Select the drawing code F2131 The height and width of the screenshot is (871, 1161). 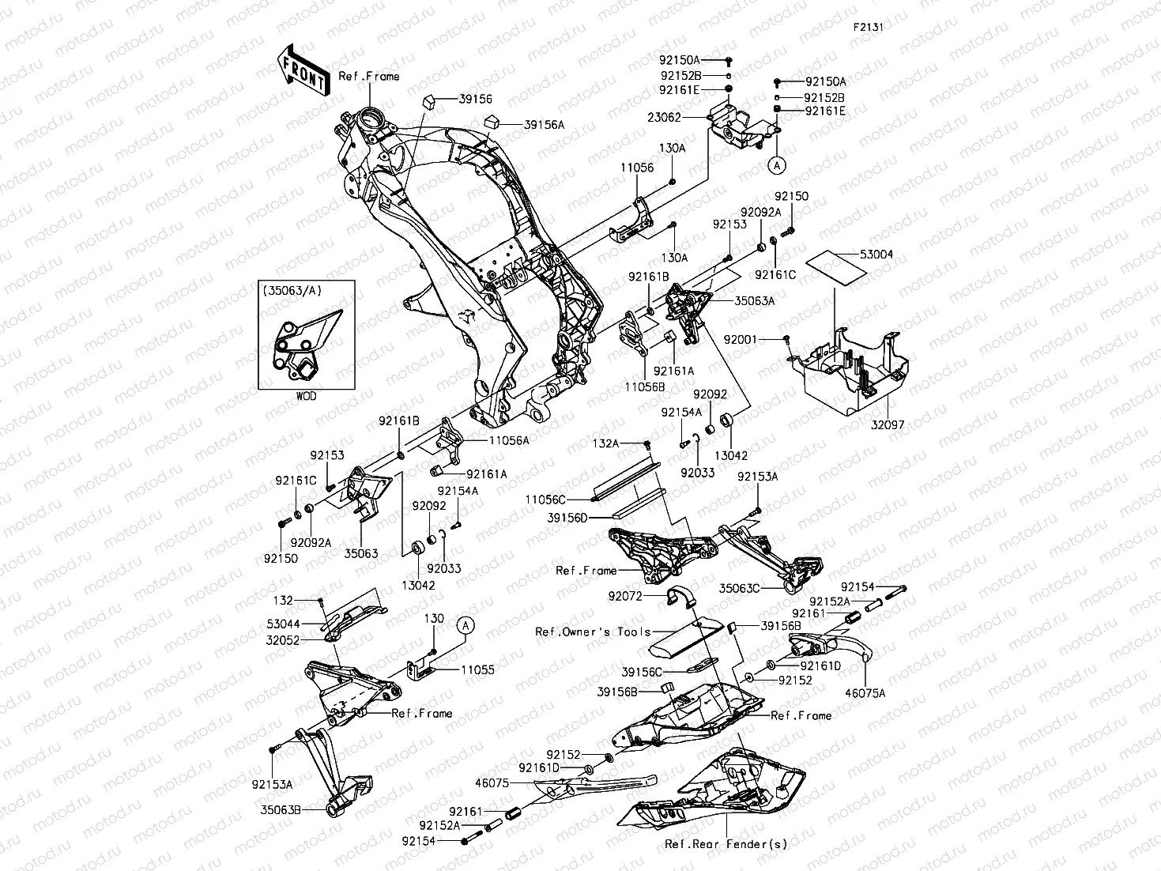tap(867, 26)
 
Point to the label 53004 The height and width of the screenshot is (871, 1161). tap(876, 255)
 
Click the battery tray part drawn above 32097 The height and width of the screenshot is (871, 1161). tap(850, 371)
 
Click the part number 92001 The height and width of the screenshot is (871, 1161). tap(741, 339)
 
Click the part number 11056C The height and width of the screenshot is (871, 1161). tap(545, 500)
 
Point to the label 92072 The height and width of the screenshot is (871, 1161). tap(625, 596)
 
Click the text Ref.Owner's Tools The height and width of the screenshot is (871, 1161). tap(593, 632)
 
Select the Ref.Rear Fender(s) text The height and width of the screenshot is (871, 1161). tap(726, 844)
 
